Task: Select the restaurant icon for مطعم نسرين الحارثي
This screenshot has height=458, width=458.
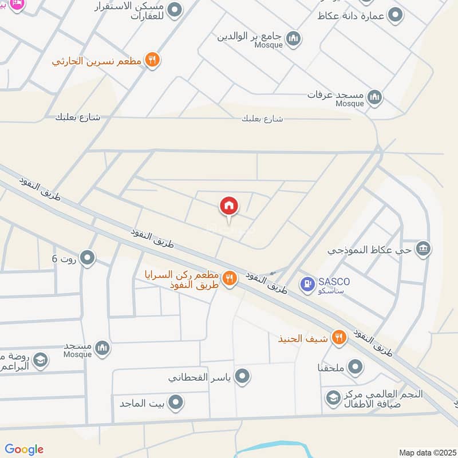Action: pyautogui.click(x=152, y=60)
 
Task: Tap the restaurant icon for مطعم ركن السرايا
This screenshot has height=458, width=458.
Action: pyautogui.click(x=230, y=278)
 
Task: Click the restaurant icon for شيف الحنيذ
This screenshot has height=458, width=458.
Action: pyautogui.click(x=339, y=338)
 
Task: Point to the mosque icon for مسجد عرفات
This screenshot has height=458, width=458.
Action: pyautogui.click(x=374, y=97)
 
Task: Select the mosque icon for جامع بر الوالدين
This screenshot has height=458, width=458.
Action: pyautogui.click(x=294, y=39)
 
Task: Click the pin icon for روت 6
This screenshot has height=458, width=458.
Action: pyautogui.click(x=87, y=258)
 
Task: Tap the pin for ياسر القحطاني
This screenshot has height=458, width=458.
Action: pyautogui.click(x=243, y=376)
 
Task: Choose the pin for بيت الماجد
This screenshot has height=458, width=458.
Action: pyautogui.click(x=177, y=402)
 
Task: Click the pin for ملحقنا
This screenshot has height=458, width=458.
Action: pyautogui.click(x=356, y=366)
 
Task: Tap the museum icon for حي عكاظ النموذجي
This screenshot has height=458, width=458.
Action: pyautogui.click(x=424, y=249)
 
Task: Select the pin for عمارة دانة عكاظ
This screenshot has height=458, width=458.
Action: pyautogui.click(x=395, y=15)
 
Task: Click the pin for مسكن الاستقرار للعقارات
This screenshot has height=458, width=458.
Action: pyautogui.click(x=175, y=10)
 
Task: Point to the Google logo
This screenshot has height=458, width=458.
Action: pyautogui.click(x=24, y=449)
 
